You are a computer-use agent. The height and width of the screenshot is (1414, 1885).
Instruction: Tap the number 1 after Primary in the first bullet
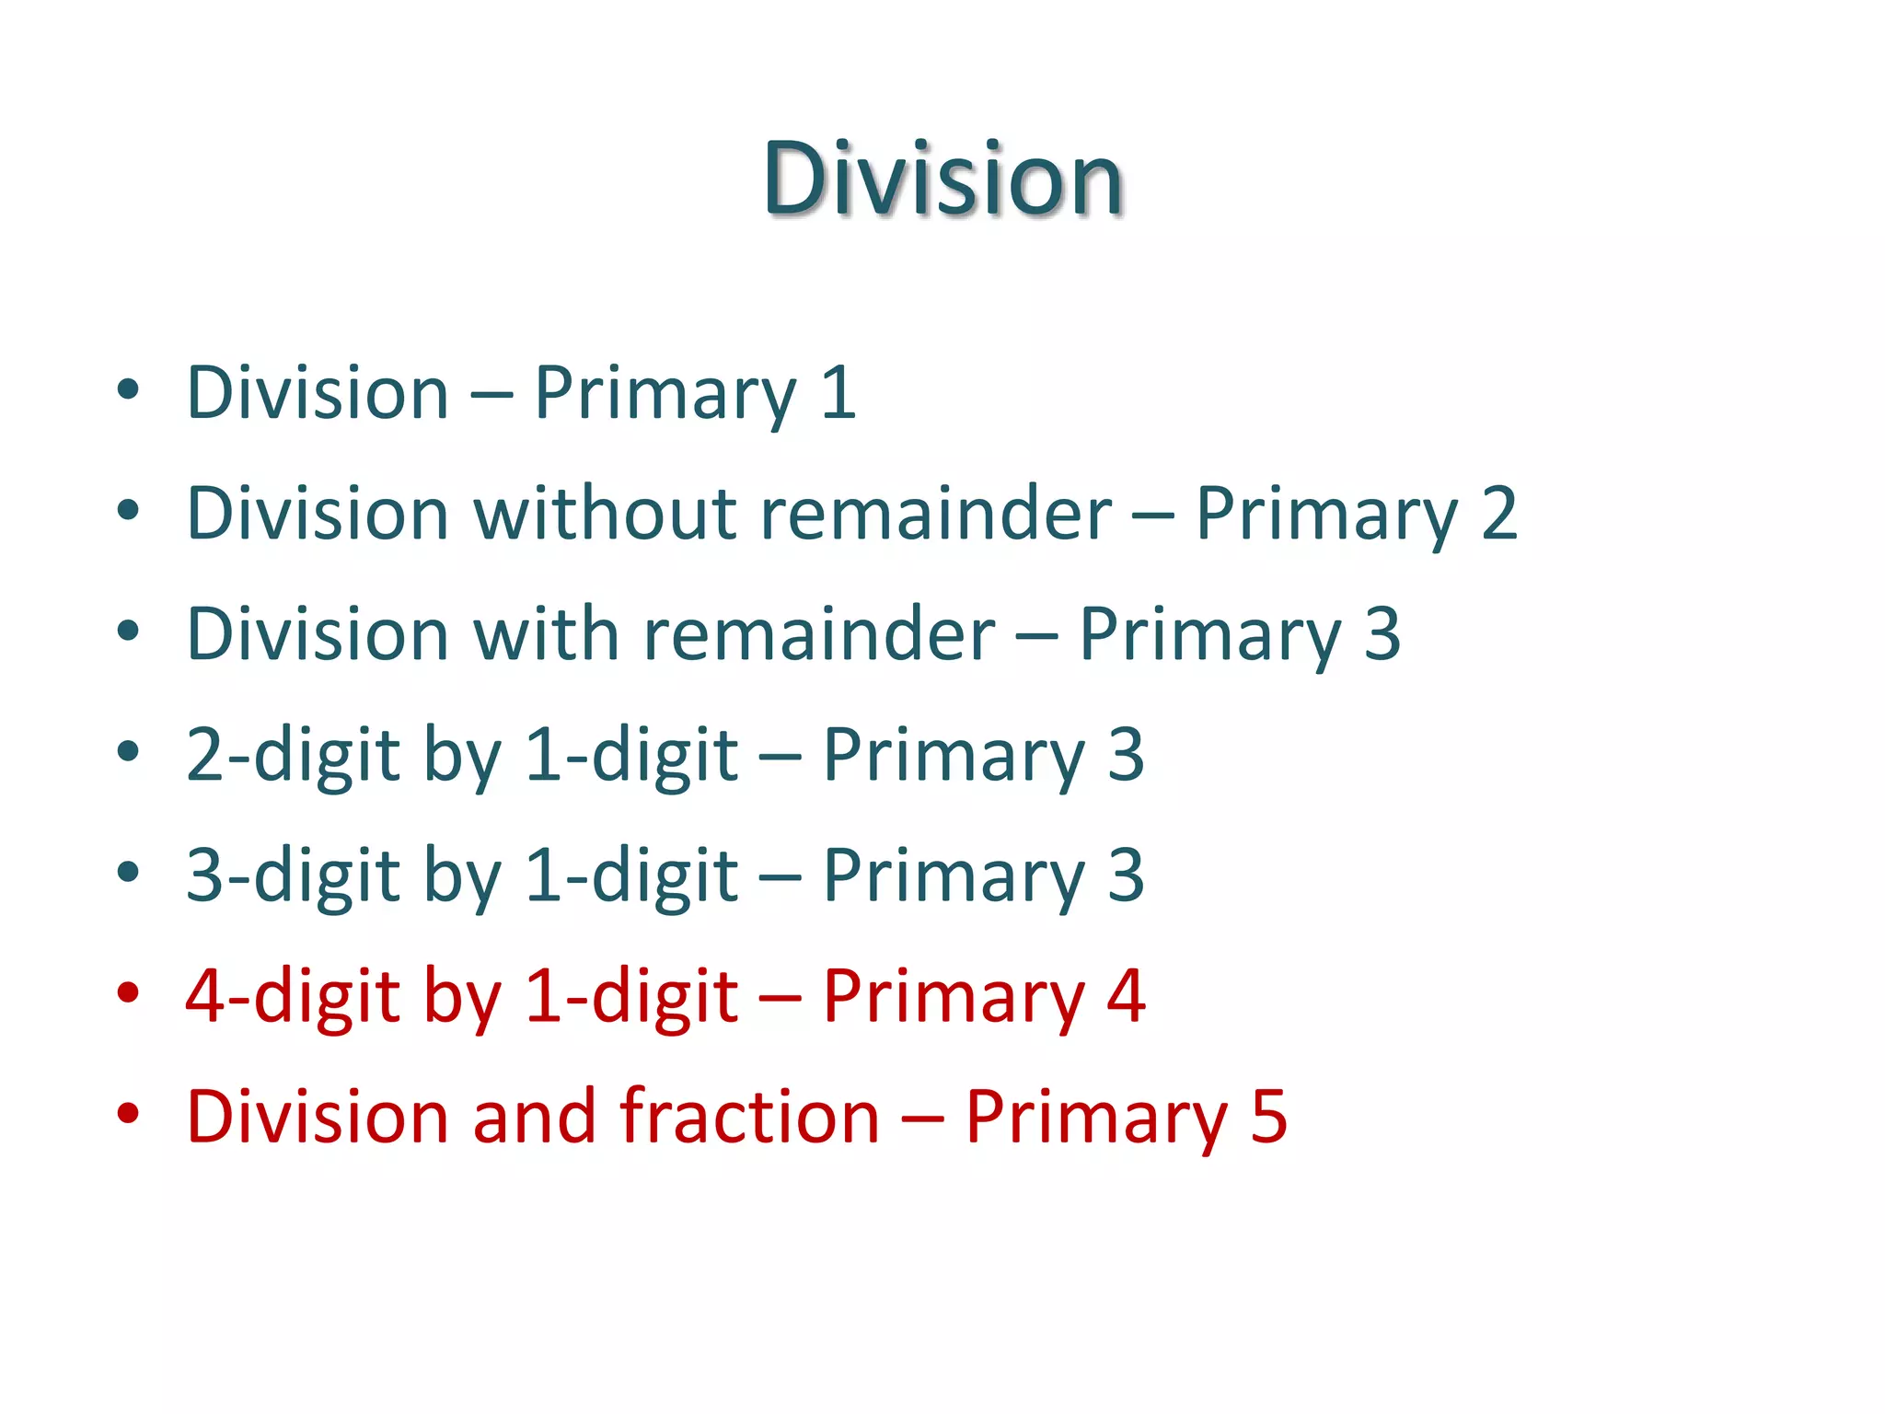(x=838, y=393)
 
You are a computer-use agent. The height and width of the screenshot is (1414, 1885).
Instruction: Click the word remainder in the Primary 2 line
(x=936, y=513)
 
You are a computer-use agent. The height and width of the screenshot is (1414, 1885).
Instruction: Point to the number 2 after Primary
(x=1498, y=513)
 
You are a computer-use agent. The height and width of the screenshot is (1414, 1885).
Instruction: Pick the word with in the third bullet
(x=546, y=634)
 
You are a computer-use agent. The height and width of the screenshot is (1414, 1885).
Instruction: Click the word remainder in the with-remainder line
(x=819, y=634)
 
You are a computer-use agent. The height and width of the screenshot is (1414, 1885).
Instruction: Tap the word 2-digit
(x=293, y=756)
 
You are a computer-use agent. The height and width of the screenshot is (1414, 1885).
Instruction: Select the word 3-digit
(x=293, y=875)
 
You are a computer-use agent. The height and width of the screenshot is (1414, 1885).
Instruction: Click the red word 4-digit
(x=293, y=997)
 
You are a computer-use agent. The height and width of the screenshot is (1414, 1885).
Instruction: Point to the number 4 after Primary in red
(x=1126, y=997)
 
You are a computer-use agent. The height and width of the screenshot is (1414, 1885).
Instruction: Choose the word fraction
(x=749, y=1117)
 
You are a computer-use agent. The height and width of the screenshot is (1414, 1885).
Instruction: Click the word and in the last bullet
(x=534, y=1117)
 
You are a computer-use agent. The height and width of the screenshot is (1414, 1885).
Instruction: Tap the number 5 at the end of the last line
(x=1268, y=1117)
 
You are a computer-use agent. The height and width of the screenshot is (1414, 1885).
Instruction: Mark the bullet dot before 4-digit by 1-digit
(x=128, y=993)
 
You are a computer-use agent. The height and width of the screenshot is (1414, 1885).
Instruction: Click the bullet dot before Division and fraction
(x=128, y=1113)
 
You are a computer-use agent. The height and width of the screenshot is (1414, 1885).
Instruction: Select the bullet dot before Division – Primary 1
(x=128, y=389)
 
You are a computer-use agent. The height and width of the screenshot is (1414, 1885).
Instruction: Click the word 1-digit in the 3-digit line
(x=631, y=875)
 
